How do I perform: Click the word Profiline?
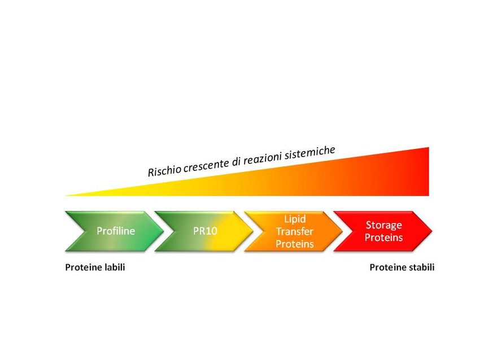(x=116, y=231)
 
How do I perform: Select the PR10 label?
(x=205, y=231)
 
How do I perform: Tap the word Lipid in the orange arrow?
(x=295, y=219)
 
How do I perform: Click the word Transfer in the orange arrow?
(x=295, y=231)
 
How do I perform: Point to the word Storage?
(x=384, y=225)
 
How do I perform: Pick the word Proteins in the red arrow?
(x=383, y=238)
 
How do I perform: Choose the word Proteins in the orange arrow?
(x=295, y=244)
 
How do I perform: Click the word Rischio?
(x=165, y=170)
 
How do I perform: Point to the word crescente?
(x=207, y=165)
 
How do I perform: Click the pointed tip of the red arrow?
(x=432, y=231)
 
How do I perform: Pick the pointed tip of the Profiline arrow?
(x=163, y=231)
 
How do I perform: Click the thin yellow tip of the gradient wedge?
(x=65, y=195)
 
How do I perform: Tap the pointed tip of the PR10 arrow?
(x=253, y=231)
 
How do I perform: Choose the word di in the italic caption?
(x=236, y=161)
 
